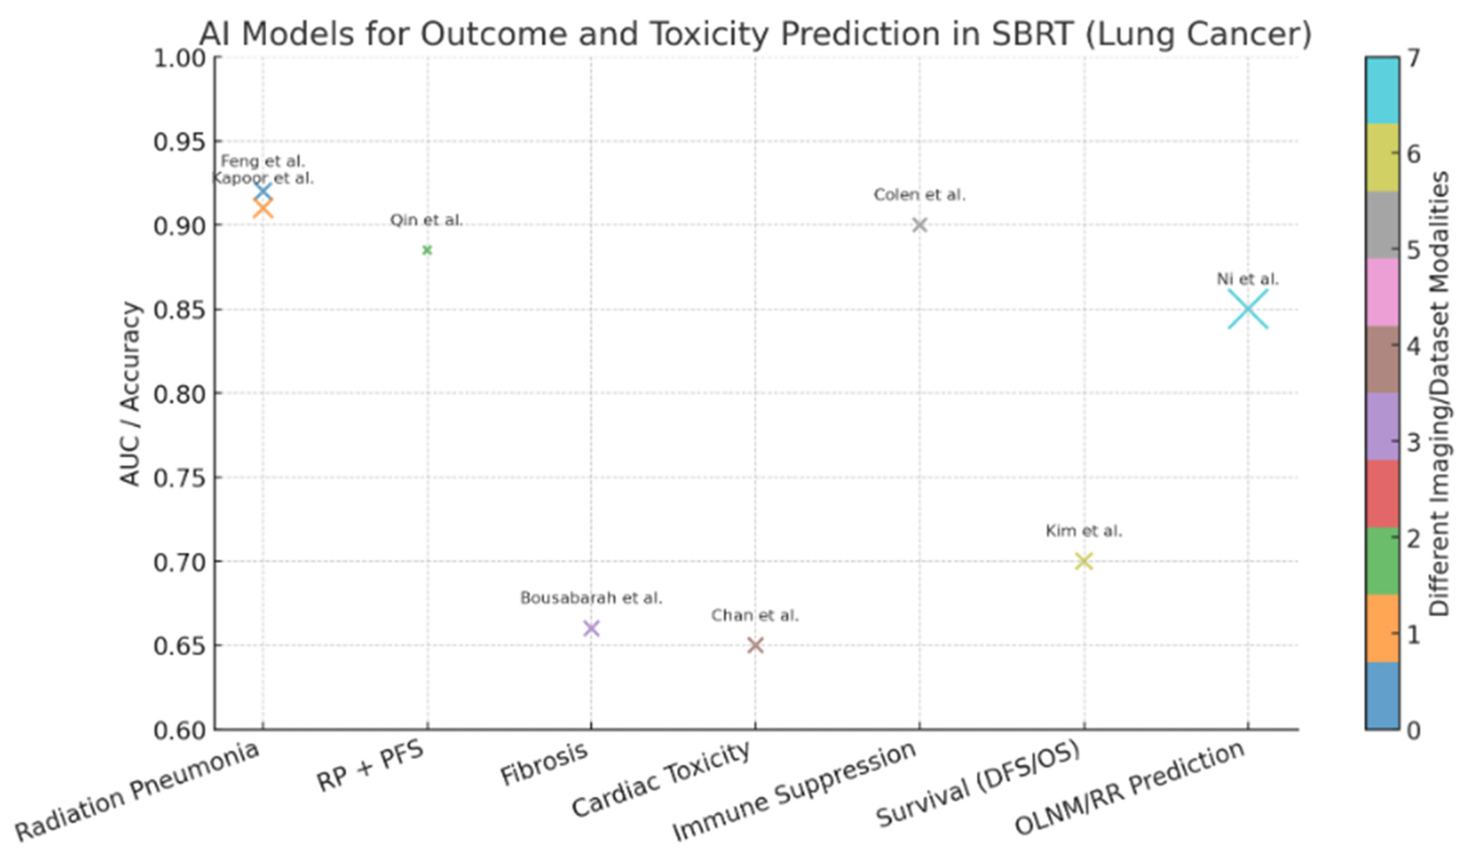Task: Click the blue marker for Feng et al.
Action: (263, 191)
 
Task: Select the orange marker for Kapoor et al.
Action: (263, 208)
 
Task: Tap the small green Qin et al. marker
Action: (427, 250)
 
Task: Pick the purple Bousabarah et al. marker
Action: (591, 628)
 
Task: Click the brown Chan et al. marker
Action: (755, 645)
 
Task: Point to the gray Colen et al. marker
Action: (919, 225)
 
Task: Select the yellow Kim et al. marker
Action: (1083, 561)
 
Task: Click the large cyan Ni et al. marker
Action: (1248, 309)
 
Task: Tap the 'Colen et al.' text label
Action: (919, 195)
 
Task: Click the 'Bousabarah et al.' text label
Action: (591, 598)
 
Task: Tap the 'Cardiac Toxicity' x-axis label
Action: (661, 780)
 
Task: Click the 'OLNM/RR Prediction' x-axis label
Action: (1129, 788)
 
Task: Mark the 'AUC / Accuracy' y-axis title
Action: (130, 393)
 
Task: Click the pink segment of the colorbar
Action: (1382, 292)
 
